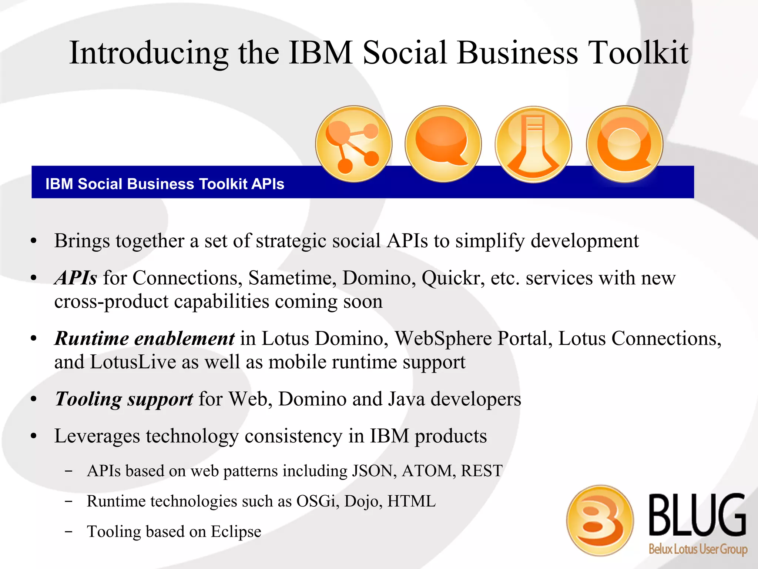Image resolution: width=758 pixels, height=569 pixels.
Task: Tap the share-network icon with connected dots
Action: point(353,144)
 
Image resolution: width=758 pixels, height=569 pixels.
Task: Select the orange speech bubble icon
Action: point(443,144)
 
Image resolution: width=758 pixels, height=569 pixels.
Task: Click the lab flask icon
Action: point(533,145)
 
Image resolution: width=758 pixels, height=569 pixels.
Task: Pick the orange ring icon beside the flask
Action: point(624,144)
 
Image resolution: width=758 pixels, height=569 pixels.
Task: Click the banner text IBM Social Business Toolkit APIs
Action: point(165,184)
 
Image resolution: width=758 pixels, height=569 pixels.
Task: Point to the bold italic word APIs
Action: point(76,278)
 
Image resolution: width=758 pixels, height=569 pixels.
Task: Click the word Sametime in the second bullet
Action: point(292,278)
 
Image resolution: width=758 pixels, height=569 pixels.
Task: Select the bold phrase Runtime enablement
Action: point(144,338)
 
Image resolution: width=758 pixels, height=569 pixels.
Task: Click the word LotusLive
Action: point(133,362)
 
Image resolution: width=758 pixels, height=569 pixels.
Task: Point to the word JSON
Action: point(374,471)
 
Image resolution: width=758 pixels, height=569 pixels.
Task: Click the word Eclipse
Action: point(236,532)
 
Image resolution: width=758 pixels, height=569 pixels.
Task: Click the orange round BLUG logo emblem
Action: point(600,520)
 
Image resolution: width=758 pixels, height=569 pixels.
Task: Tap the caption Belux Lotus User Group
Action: point(698,549)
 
